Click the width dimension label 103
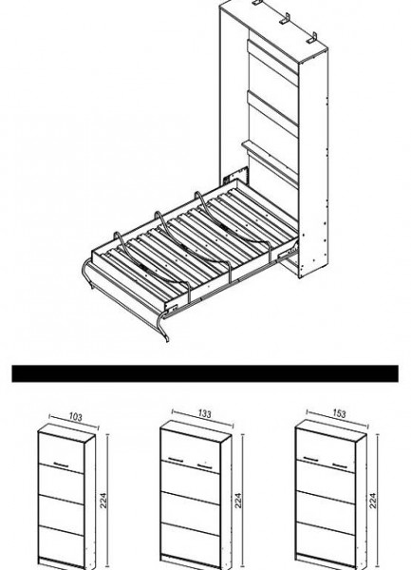[76, 417]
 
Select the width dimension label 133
[204, 413]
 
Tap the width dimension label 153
[339, 413]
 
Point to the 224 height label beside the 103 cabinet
[103, 501]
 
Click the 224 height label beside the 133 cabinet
[238, 501]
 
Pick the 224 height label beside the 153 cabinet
[373, 501]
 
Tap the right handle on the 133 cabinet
[205, 465]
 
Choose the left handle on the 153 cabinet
[311, 458]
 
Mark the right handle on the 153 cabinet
[340, 465]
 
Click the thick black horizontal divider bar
[205, 373]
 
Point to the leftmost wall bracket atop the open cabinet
[258, 3]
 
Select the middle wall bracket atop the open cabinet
[286, 19]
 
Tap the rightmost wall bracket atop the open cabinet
[312, 38]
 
